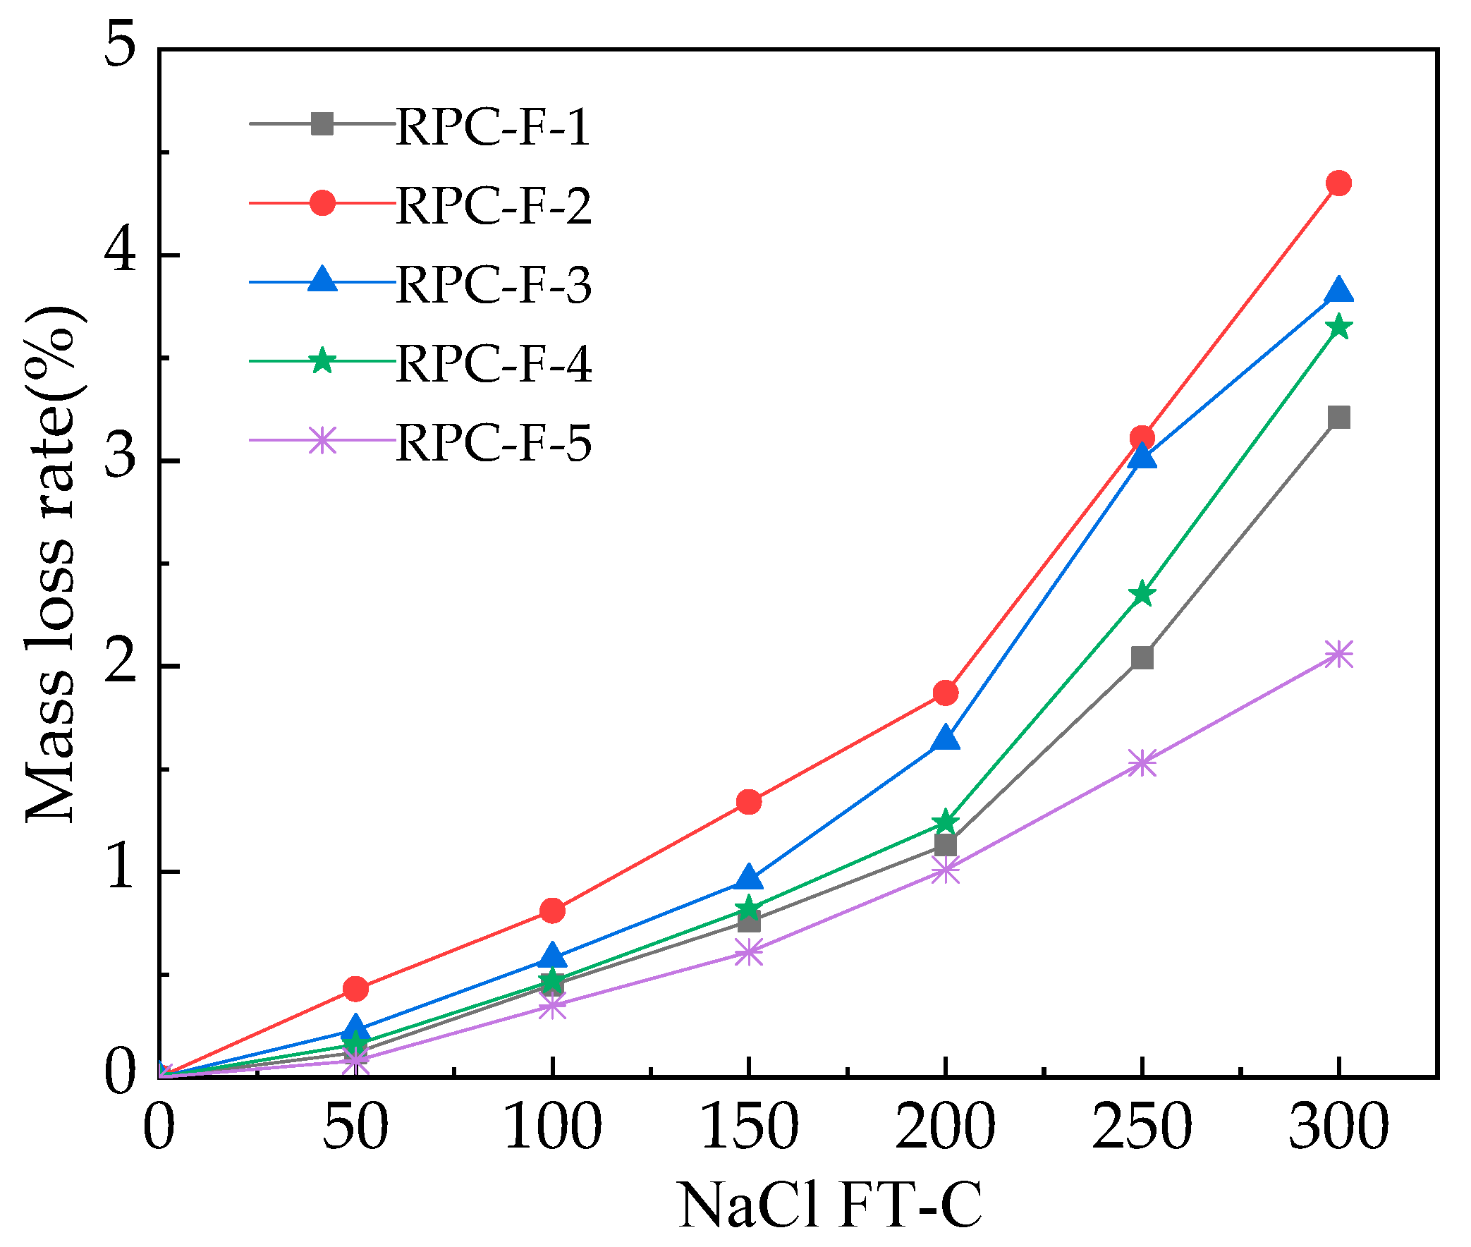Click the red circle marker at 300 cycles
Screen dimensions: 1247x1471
tap(1338, 183)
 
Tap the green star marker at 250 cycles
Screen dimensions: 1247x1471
tap(1142, 594)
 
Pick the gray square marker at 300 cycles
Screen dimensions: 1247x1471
tap(1338, 417)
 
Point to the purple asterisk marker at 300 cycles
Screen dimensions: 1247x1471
tap(1338, 655)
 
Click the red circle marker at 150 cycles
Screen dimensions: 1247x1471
tap(749, 802)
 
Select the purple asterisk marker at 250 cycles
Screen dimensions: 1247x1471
tap(1142, 763)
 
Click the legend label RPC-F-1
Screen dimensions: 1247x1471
tap(493, 127)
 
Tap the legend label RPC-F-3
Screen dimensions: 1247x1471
tap(493, 285)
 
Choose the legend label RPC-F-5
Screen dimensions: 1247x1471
tap(493, 443)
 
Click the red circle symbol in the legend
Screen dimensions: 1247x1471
tap(322, 203)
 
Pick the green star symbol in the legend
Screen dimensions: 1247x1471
tap(322, 360)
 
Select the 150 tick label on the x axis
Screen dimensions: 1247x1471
tap(749, 1128)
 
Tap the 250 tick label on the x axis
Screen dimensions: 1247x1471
tap(1142, 1128)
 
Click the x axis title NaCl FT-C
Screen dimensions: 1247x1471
tap(830, 1206)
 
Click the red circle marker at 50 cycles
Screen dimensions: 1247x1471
tap(355, 988)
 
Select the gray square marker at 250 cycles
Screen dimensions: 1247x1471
tap(1142, 658)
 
